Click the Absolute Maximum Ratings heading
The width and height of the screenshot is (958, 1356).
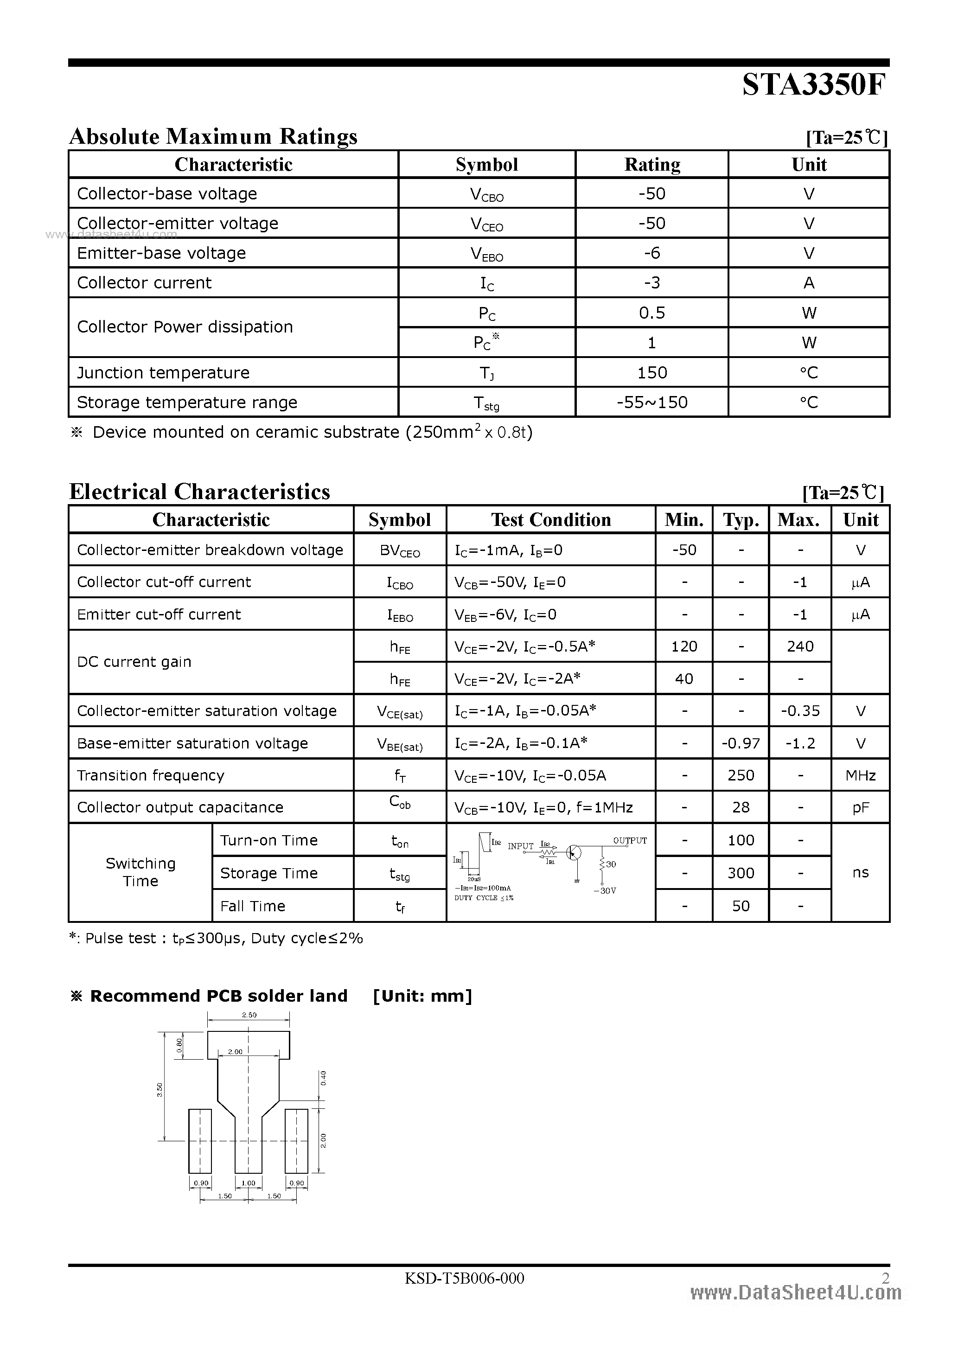coord(213,136)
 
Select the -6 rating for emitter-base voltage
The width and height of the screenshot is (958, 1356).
coord(652,253)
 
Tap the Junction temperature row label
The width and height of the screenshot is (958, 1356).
coord(163,373)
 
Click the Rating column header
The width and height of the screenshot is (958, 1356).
coord(652,164)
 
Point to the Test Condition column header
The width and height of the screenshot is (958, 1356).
coord(550,520)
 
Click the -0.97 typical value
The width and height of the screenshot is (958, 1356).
coord(741,743)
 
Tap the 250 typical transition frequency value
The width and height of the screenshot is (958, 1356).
coord(741,775)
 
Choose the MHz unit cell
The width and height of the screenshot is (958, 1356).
coord(860,775)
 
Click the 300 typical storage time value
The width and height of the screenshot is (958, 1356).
coord(741,873)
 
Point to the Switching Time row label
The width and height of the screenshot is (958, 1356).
coord(141,872)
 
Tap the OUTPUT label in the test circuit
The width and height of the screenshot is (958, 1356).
coord(630,840)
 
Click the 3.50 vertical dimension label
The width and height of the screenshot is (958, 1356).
coord(160,1090)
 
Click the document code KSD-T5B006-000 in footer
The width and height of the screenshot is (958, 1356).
coord(464,1278)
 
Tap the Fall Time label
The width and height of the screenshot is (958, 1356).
coord(253,906)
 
